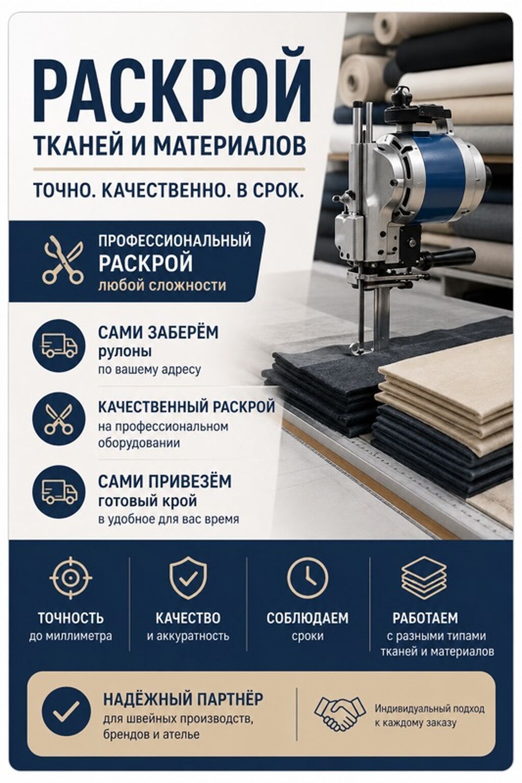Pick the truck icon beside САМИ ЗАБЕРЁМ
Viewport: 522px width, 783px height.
tap(59, 345)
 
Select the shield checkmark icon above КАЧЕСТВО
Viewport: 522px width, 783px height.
tap(188, 578)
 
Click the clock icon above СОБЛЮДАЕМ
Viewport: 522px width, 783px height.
tap(307, 577)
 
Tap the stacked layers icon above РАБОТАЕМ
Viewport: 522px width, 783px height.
tap(424, 578)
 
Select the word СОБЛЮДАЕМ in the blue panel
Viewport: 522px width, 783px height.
tap(307, 617)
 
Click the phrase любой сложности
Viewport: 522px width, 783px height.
tap(162, 286)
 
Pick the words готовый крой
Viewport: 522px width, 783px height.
tap(147, 502)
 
